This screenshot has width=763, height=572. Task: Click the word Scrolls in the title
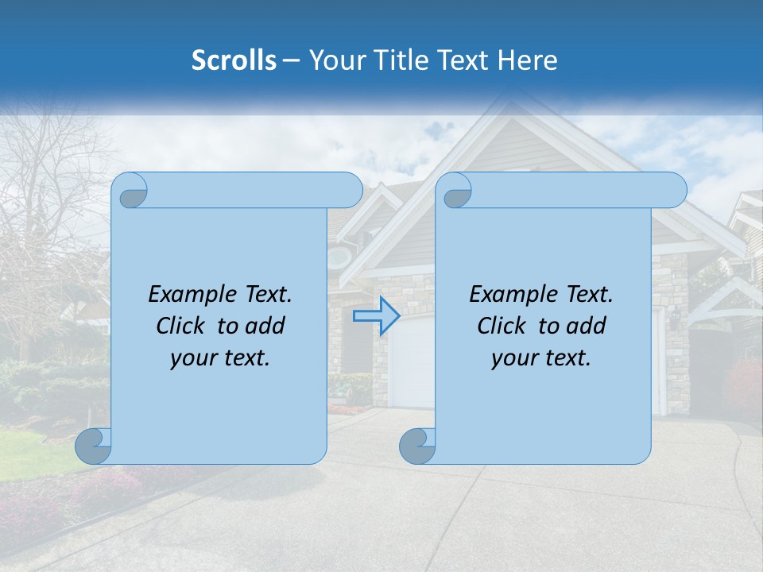coord(234,60)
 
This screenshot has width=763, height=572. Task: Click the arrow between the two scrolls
coord(376,316)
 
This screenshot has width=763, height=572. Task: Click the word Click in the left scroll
coord(182,326)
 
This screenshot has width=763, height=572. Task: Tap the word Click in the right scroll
coord(502,326)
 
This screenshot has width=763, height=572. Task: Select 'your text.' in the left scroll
coord(220,357)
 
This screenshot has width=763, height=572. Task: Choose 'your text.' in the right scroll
coord(541,357)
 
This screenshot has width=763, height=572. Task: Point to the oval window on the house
coord(340,256)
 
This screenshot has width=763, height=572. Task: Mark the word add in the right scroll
coord(588,326)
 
